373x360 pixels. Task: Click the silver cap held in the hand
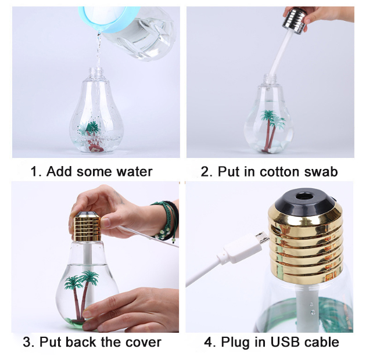[x=294, y=21]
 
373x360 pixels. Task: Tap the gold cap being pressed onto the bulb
[x=87, y=228]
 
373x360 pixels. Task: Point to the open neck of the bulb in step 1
[x=96, y=71]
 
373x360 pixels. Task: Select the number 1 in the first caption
[x=34, y=172]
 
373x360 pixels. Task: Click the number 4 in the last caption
[x=208, y=343]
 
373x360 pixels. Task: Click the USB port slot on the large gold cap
[x=275, y=229]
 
